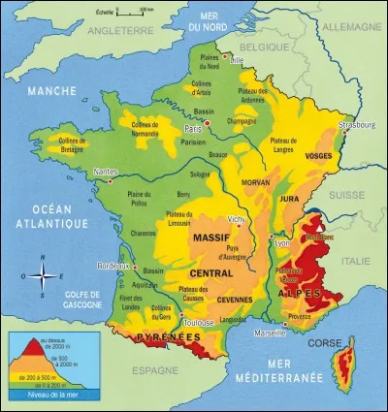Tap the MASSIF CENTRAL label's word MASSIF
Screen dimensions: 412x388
click(x=210, y=238)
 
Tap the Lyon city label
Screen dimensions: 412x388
click(x=282, y=243)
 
